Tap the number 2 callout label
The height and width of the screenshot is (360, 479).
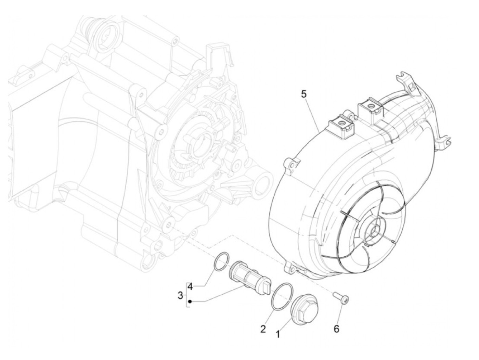(x=263, y=329)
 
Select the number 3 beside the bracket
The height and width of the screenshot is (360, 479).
(x=181, y=295)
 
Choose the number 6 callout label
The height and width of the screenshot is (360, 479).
(x=336, y=329)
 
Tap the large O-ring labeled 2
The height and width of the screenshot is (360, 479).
(x=282, y=296)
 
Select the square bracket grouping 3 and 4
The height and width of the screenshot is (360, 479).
(x=187, y=295)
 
